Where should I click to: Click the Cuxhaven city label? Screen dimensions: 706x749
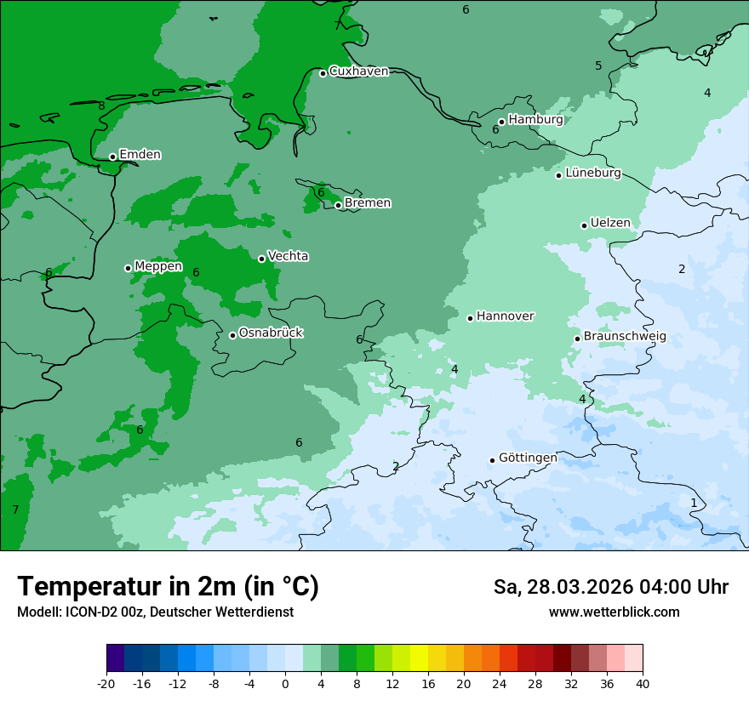[x=358, y=71]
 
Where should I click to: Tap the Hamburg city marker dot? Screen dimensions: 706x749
[x=501, y=122]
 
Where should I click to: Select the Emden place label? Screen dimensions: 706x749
[x=140, y=155]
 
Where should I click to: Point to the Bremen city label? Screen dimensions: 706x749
[x=368, y=203]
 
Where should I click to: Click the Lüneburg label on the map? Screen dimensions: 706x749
[x=593, y=174]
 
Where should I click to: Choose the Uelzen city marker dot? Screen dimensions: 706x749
[x=584, y=225]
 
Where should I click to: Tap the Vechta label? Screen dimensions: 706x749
[x=288, y=257]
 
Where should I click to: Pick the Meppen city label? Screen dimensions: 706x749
[x=158, y=266]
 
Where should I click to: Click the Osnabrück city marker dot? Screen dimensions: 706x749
[x=232, y=335]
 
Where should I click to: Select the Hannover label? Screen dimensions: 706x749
[x=505, y=316]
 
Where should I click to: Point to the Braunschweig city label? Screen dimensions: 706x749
[x=625, y=337]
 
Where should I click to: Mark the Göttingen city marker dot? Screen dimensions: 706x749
[x=492, y=460]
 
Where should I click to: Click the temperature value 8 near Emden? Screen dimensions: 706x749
[x=101, y=106]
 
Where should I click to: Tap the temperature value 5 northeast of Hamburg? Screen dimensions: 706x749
[x=598, y=66]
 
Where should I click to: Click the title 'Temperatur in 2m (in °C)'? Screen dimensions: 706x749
[x=168, y=587]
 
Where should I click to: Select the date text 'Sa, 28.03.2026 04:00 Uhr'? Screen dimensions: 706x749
[x=610, y=588]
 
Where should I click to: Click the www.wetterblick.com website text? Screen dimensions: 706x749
[x=614, y=612]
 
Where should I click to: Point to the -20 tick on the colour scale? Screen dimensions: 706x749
[x=106, y=684]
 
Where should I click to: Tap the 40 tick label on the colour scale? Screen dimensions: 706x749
[x=642, y=684]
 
